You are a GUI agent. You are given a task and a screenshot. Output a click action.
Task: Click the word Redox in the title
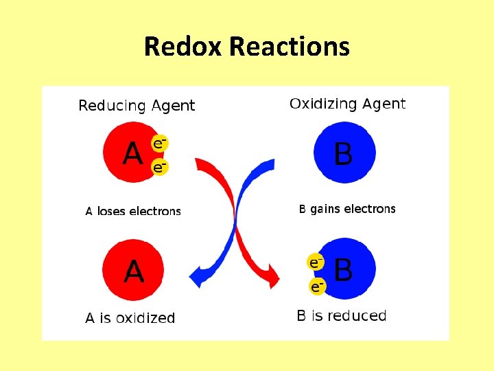pyautogui.click(x=184, y=47)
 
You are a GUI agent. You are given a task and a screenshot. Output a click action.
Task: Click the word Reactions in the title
pyautogui.click(x=290, y=47)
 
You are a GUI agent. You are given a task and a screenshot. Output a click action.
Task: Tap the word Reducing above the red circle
pyautogui.click(x=111, y=106)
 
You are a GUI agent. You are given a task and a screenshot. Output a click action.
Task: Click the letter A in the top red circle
pyautogui.click(x=132, y=153)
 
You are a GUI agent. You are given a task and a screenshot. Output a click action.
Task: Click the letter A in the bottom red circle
pyautogui.click(x=133, y=271)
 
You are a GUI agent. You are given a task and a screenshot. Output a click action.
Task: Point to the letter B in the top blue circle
pyautogui.click(x=343, y=154)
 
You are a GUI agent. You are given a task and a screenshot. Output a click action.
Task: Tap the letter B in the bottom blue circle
pyautogui.click(x=343, y=270)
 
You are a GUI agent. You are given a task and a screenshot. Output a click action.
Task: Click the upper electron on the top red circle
pyautogui.click(x=159, y=144)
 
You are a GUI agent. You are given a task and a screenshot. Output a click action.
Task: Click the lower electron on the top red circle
pyautogui.click(x=159, y=167)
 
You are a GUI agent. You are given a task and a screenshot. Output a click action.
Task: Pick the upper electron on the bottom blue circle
pyautogui.click(x=315, y=262)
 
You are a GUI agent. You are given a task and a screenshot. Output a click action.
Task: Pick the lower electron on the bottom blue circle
pyautogui.click(x=316, y=286)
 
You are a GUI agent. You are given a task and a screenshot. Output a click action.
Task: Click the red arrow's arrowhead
pyautogui.click(x=272, y=278)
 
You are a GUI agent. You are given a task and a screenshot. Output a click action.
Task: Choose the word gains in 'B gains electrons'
pyautogui.click(x=325, y=209)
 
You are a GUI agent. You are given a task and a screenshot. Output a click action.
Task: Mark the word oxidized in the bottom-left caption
pyautogui.click(x=145, y=318)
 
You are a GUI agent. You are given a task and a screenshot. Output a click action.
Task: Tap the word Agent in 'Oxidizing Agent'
pyautogui.click(x=382, y=104)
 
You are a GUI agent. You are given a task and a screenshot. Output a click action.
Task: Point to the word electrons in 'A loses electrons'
pyautogui.click(x=156, y=212)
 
